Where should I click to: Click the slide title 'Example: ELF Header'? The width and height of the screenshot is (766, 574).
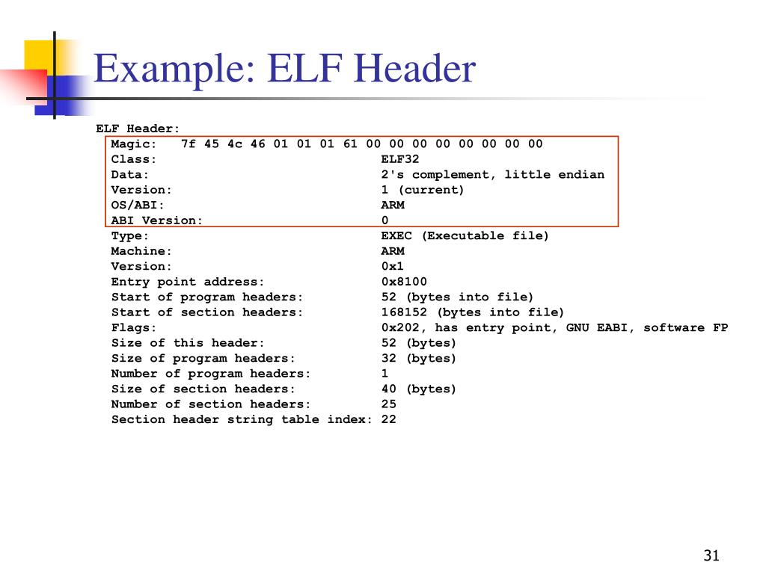point(284,70)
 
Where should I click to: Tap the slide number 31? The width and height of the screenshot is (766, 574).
point(711,555)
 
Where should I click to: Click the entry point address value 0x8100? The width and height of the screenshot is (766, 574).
point(404,282)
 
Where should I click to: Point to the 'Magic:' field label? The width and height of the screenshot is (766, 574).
point(134,143)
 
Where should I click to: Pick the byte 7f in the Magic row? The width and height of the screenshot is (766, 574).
point(189,143)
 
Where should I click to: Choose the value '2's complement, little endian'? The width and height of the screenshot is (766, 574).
point(492,174)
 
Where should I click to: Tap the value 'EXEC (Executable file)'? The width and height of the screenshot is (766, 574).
point(465,235)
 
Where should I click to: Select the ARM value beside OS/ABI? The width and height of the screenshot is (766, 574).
point(393,205)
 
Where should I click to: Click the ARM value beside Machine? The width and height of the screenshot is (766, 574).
point(393,251)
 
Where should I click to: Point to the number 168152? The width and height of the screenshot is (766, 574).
point(404,312)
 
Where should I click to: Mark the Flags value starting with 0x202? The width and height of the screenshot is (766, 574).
point(554,327)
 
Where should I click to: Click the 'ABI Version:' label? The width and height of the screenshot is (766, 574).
point(157,220)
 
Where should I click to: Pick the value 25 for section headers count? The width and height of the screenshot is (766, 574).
point(389,404)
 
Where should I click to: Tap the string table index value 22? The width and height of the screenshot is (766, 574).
point(389,419)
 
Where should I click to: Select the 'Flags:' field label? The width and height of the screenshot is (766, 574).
point(134,327)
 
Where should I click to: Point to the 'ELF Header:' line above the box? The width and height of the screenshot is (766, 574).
point(138,129)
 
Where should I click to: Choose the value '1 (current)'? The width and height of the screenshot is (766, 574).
point(423,190)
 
